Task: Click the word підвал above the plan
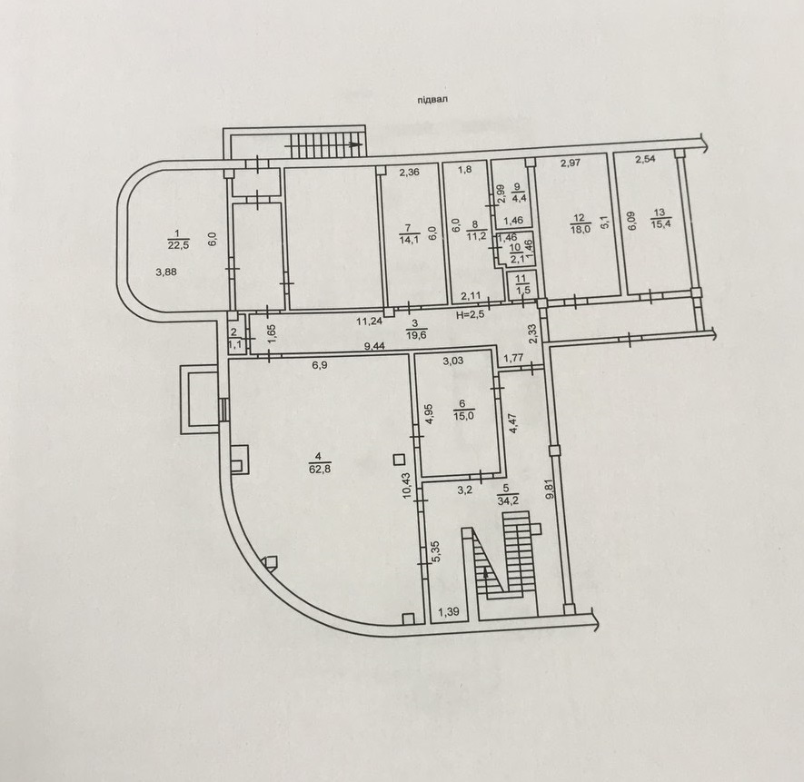click(x=432, y=100)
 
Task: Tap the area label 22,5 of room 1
click(x=178, y=244)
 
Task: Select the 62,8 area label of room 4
click(x=320, y=468)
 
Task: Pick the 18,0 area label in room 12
click(x=581, y=229)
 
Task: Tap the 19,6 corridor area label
click(x=416, y=335)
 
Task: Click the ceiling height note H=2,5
click(x=471, y=314)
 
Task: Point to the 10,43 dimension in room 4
click(x=407, y=486)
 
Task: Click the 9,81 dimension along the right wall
click(x=551, y=490)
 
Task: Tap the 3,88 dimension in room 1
click(x=166, y=272)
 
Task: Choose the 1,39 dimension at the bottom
click(x=448, y=611)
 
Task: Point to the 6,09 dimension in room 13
click(x=631, y=221)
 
